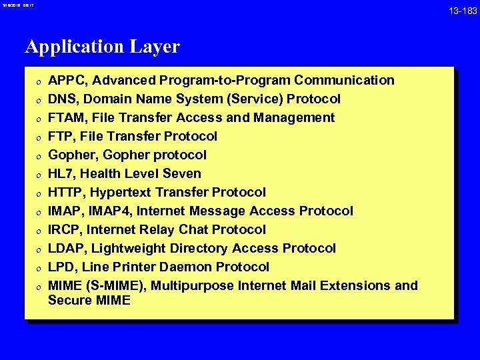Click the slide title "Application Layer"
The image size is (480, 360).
click(102, 47)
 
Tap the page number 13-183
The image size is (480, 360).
click(462, 11)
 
